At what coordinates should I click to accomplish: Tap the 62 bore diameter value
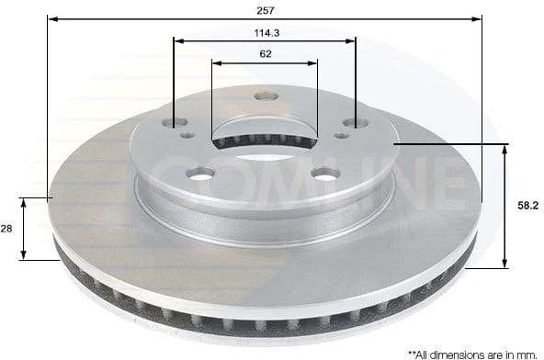pos(265,54)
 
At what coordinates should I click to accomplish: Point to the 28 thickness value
pos(7,229)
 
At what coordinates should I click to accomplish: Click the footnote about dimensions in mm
pos(469,353)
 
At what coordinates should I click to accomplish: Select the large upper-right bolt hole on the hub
pos(355,122)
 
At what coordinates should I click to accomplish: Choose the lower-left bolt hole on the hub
pos(200,173)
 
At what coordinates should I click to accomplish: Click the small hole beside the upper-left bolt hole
pos(188,135)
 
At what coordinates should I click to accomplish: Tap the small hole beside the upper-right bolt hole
pos(341,135)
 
